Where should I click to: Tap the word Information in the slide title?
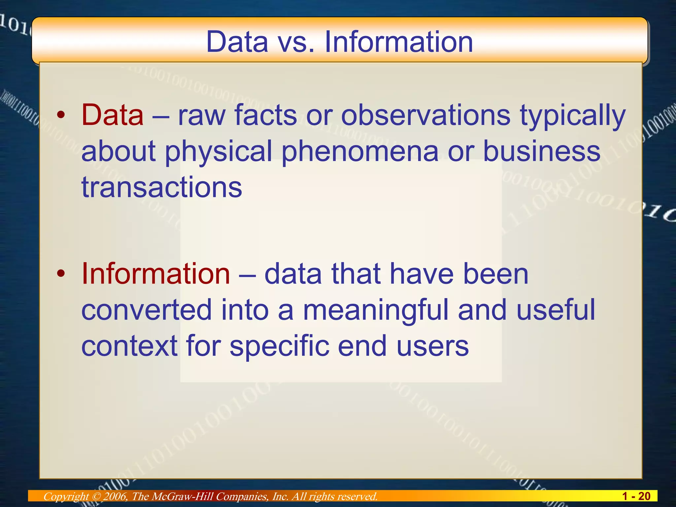point(399,42)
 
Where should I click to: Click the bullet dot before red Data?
point(60,115)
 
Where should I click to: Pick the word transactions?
point(162,187)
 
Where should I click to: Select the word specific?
point(279,347)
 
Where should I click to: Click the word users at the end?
point(432,346)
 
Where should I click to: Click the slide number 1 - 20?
point(636,496)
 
